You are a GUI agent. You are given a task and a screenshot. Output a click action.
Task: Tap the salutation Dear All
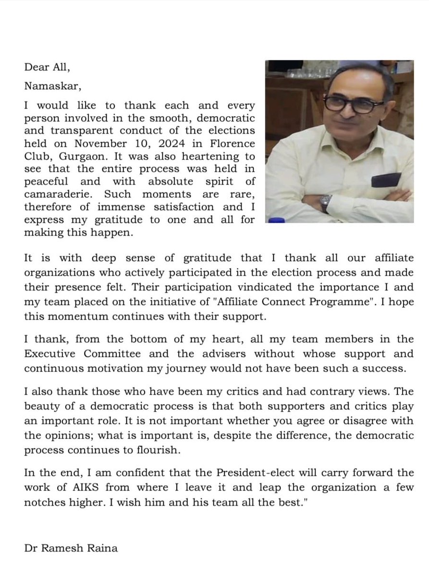[48, 68]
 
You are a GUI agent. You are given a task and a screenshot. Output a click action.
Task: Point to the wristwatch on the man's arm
[326, 202]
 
